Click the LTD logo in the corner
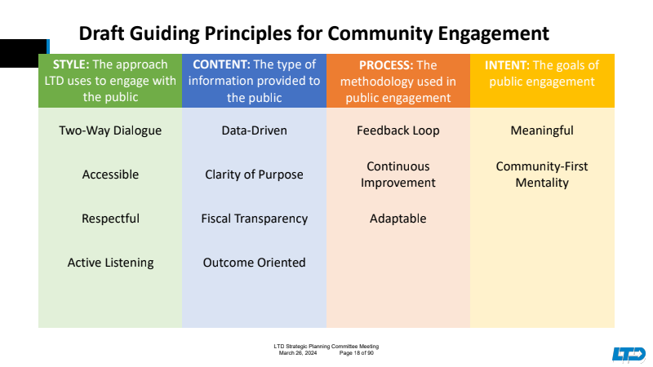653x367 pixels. (629, 354)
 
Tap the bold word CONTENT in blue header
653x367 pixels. (220, 64)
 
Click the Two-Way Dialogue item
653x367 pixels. (110, 130)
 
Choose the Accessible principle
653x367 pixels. (110, 175)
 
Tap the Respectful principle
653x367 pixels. (110, 219)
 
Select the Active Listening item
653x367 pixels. (110, 263)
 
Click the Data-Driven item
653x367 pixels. (254, 130)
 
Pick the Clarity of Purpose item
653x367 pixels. (254, 175)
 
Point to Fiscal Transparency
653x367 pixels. (254, 219)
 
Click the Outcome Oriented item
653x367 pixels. (254, 263)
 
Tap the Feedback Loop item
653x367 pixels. (398, 130)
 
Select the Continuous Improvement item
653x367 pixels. (398, 175)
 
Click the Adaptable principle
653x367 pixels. (398, 219)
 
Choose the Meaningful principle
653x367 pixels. (541, 130)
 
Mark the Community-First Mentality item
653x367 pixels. (541, 175)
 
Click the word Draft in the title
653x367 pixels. (103, 34)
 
